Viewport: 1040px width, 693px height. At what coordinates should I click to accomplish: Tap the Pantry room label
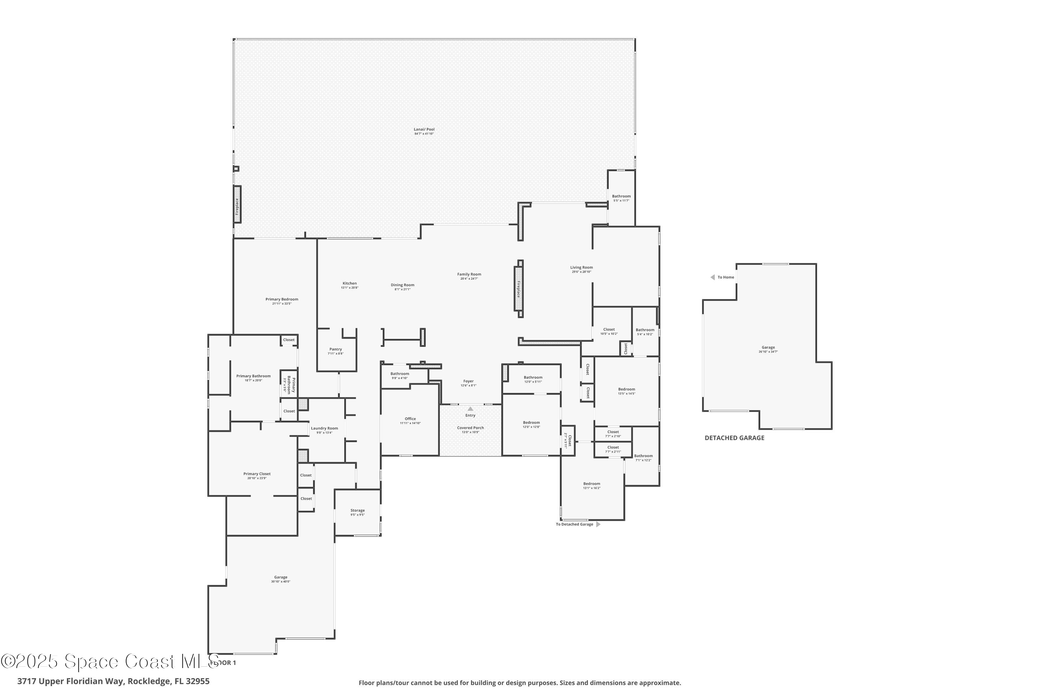[336, 349]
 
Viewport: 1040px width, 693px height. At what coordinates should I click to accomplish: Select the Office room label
[410, 419]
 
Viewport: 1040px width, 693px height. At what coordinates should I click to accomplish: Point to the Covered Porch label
[470, 428]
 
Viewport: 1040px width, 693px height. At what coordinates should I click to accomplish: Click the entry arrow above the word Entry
[470, 409]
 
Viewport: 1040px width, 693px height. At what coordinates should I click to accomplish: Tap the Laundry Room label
[324, 428]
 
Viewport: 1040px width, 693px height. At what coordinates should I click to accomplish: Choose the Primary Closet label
[257, 474]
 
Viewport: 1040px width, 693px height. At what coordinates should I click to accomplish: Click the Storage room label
[357, 510]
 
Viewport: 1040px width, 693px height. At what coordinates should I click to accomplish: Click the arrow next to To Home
[712, 278]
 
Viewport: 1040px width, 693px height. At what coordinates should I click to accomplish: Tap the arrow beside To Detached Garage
[598, 525]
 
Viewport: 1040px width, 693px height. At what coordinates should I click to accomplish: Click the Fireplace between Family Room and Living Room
[519, 289]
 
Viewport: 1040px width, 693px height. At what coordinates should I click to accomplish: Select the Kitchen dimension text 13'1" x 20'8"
[349, 288]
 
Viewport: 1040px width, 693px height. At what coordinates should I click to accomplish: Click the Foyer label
[468, 381]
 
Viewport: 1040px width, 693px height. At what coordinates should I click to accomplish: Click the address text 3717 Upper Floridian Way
[71, 681]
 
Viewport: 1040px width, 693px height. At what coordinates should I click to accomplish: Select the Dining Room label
[402, 285]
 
